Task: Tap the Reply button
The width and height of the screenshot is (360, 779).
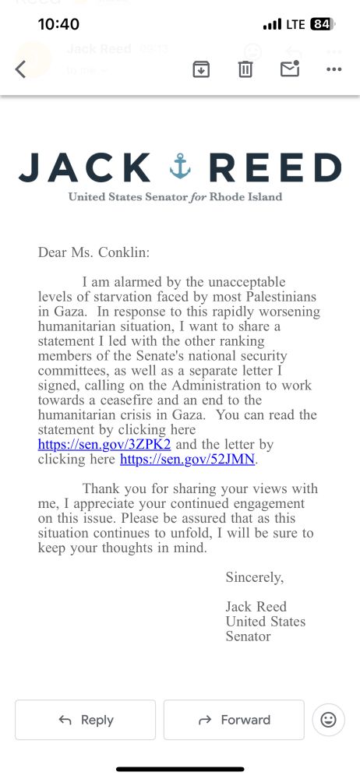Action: pos(85,720)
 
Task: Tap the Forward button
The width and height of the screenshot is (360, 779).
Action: pos(234,720)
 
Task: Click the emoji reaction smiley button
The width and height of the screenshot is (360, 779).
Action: pos(328,720)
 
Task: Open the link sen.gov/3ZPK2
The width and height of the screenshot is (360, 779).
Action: pos(104,445)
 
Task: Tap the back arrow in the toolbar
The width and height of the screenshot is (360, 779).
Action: pos(21,69)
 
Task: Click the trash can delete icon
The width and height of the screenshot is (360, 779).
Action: pos(245,69)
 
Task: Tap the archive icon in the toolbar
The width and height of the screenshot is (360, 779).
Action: pos(201,69)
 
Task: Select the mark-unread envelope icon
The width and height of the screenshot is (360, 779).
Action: pos(290,69)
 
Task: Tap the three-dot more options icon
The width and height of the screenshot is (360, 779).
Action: pos(334,69)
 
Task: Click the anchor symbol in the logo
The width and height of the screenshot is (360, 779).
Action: pos(180,167)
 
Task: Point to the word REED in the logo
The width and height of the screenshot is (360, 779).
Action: pos(275,167)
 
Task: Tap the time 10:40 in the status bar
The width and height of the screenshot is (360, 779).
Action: pos(58,24)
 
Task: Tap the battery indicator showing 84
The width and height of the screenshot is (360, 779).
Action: pos(321,24)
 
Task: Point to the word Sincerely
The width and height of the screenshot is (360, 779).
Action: pos(255,577)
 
